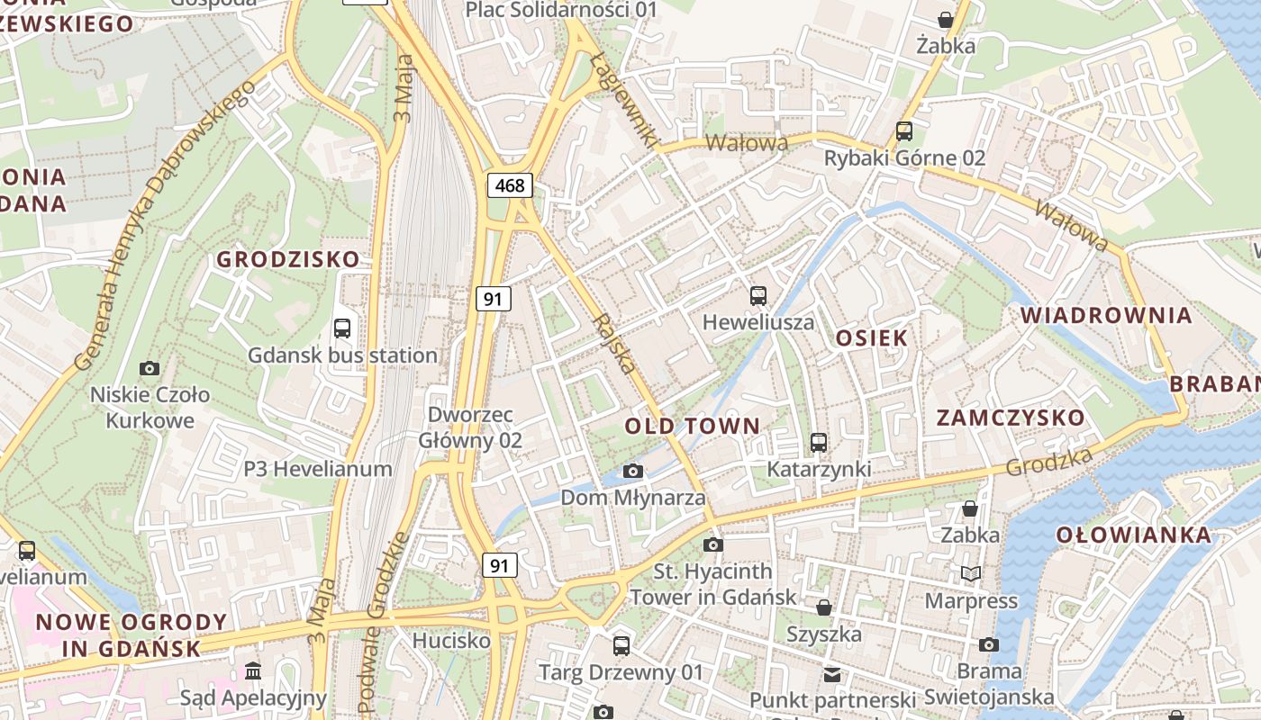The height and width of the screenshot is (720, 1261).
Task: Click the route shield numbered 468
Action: (510, 185)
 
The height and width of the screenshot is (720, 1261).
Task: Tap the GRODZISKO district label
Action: (288, 260)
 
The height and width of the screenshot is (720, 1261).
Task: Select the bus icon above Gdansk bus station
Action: (342, 328)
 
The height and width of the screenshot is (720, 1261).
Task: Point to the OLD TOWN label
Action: (693, 426)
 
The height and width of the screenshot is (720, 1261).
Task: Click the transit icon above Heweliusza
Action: (758, 296)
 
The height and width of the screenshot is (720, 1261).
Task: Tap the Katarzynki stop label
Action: (819, 469)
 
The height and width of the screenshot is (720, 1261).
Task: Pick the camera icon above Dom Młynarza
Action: (633, 472)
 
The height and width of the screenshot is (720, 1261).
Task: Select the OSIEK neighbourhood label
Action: (872, 338)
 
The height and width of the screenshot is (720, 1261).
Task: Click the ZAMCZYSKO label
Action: (1011, 418)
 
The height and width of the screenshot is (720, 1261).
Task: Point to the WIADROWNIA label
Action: (1106, 316)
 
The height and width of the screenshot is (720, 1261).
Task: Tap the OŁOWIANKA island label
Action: (1133, 535)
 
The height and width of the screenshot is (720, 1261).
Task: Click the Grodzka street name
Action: (1049, 463)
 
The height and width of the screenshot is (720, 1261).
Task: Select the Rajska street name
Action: (614, 344)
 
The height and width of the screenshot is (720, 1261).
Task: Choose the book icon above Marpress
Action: (970, 574)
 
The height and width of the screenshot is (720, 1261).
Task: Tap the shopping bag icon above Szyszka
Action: (823, 607)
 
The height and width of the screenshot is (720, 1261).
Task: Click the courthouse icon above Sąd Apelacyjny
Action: (253, 671)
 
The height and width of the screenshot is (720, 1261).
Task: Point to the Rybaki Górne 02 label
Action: (905, 158)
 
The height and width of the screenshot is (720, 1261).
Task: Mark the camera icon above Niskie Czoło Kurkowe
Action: (150, 368)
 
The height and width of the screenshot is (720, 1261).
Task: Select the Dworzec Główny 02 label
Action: (470, 428)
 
